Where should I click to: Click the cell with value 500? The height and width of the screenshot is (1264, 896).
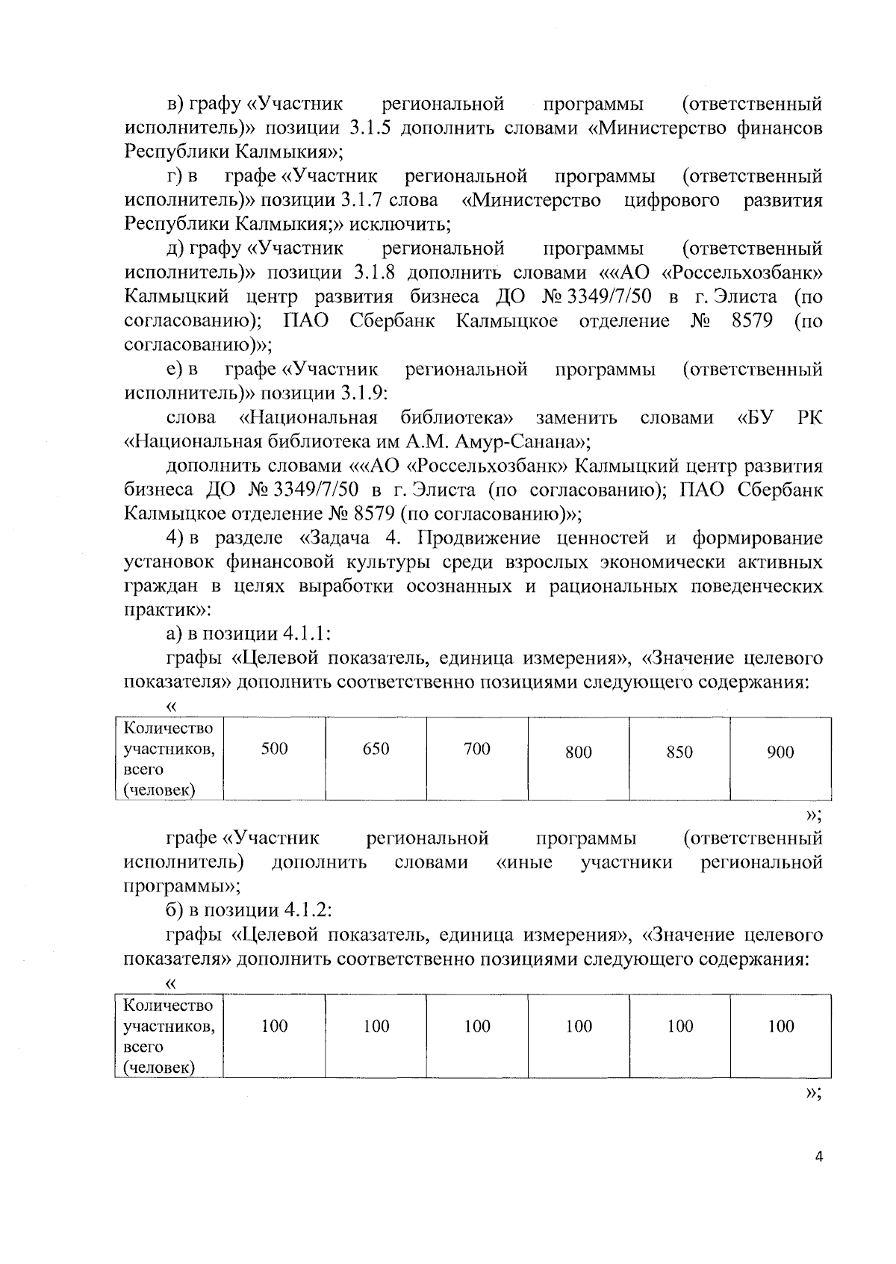point(274,749)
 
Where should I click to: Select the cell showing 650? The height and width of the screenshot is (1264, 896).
point(376,749)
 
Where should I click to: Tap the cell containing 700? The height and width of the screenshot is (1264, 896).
point(477,749)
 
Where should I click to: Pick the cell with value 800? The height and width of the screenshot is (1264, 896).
point(579,753)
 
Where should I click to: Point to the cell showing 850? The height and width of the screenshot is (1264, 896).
point(679,753)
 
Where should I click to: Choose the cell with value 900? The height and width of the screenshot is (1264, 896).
point(780,753)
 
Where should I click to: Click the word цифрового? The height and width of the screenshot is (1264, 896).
point(671,200)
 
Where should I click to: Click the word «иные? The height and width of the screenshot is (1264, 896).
point(524,863)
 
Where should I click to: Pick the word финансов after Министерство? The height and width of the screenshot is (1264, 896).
point(777,128)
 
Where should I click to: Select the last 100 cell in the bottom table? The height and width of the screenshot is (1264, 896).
point(780,1027)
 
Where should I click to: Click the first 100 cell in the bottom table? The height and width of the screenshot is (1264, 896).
point(274,1027)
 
